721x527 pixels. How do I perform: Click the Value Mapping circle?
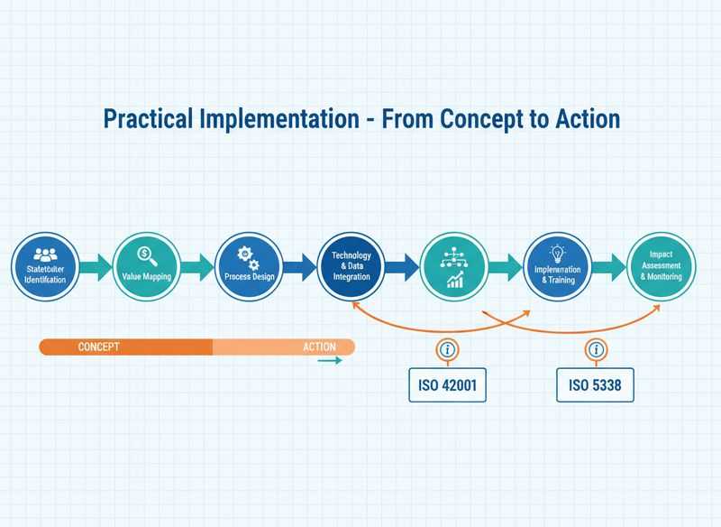coord(147,265)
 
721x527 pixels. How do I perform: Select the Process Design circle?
coord(250,265)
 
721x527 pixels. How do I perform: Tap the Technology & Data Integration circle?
coord(351,265)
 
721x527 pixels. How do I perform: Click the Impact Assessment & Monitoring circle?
coord(661,265)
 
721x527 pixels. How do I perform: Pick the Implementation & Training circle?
coord(557,265)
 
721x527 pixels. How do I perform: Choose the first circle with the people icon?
coord(45,265)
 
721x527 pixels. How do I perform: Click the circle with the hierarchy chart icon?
coord(454,265)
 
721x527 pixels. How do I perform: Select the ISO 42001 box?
coord(447,385)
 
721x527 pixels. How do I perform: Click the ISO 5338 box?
coord(595,385)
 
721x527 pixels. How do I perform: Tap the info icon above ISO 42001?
coord(447,350)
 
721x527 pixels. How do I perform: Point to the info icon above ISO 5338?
coord(595,350)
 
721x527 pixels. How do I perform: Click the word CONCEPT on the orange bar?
coord(98,347)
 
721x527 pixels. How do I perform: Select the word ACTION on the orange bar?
coord(318,347)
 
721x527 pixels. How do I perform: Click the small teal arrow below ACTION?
coord(330,361)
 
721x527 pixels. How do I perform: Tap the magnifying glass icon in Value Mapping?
coord(147,254)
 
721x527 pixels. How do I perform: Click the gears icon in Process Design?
coord(248,256)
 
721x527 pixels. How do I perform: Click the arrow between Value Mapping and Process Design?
coord(198,266)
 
